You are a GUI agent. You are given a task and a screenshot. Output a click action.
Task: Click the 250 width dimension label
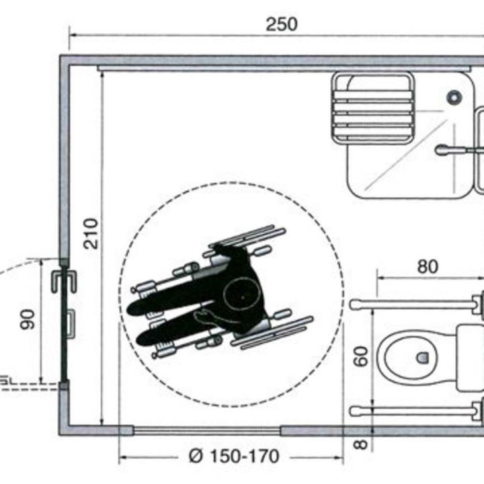(281, 24)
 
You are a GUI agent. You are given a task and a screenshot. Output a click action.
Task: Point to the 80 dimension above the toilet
(427, 267)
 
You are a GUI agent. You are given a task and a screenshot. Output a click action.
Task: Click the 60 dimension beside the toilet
(362, 356)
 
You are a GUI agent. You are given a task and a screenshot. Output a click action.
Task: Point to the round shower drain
(455, 97)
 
